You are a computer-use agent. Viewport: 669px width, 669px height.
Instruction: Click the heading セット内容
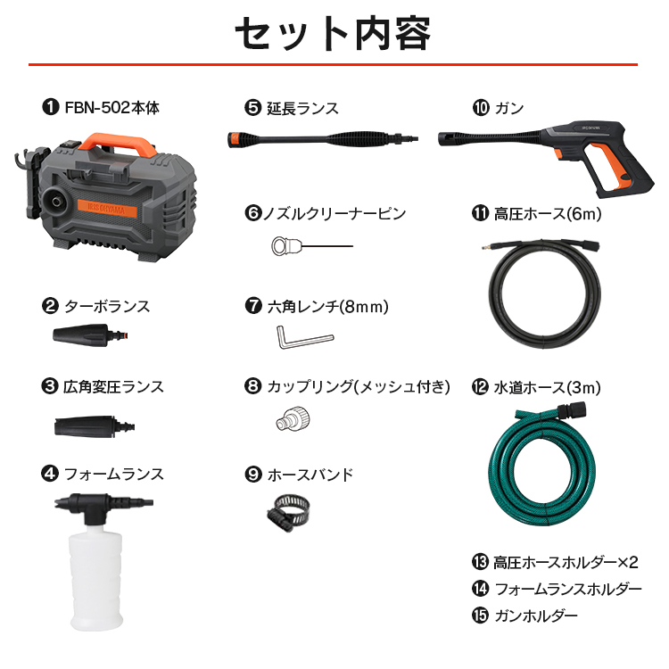pyautogui.click(x=334, y=34)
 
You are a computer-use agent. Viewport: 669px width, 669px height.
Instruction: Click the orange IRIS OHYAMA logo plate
pyautogui.click(x=107, y=208)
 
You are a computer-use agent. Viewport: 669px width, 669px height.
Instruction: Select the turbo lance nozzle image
pyautogui.click(x=90, y=334)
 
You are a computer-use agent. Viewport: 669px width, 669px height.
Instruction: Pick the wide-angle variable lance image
pyautogui.click(x=95, y=425)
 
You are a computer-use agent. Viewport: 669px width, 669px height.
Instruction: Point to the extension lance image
pyautogui.click(x=323, y=139)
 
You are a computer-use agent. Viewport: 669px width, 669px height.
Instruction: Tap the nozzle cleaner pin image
pyautogui.click(x=312, y=246)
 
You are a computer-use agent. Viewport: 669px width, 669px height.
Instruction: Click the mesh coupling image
pyautogui.click(x=293, y=418)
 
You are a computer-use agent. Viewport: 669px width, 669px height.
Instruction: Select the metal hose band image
pyautogui.click(x=287, y=513)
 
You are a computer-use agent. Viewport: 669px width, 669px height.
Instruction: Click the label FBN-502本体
pyautogui.click(x=111, y=108)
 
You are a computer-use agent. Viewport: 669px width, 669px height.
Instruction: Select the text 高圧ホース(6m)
pyautogui.click(x=548, y=213)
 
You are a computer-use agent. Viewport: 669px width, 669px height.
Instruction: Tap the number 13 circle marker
pyautogui.click(x=480, y=562)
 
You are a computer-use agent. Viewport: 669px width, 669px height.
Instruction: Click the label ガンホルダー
pyautogui.click(x=536, y=615)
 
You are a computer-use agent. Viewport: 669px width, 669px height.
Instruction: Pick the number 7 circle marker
pyautogui.click(x=253, y=305)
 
